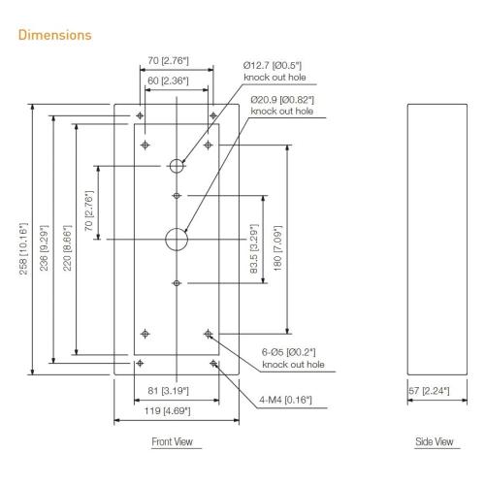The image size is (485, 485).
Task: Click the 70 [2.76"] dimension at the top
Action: (175, 61)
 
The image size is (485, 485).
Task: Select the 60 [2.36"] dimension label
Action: (175, 81)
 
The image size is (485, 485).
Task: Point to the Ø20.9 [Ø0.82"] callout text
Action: (282, 106)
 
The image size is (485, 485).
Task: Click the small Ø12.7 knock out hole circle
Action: (176, 166)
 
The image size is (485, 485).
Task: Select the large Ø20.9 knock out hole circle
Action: (176, 238)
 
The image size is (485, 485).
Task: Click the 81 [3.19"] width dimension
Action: (175, 390)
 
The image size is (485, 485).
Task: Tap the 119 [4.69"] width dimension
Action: (175, 410)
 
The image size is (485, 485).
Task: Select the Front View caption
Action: (175, 442)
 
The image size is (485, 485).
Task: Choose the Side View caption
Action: (434, 442)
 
